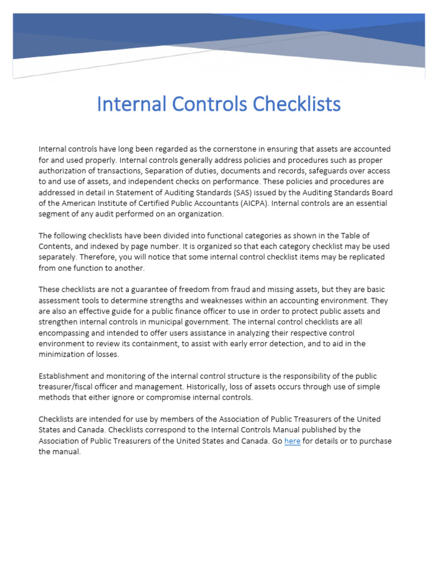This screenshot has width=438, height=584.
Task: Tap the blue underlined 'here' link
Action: [292, 441]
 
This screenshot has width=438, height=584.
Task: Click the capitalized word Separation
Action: [165, 171]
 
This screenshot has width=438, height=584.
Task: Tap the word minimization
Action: [63, 354]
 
